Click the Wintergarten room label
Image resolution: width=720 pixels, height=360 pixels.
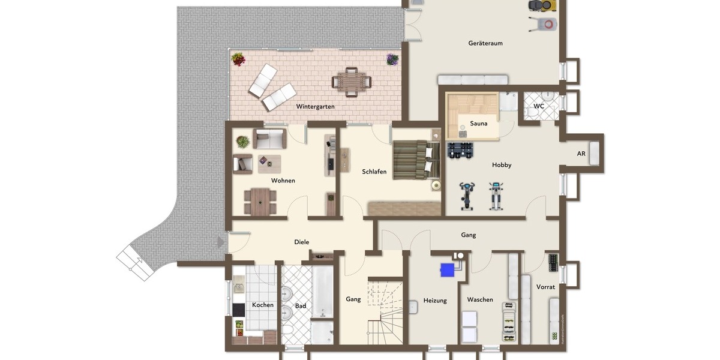315,106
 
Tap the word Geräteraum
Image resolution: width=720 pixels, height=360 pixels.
485,43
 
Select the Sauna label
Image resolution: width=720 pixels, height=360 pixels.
479,124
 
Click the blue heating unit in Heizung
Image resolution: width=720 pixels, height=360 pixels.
447,270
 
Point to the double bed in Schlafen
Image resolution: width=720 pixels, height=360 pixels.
416,160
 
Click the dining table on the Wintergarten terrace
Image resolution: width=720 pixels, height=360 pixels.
351,82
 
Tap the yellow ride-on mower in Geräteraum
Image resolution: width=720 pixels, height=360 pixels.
542,5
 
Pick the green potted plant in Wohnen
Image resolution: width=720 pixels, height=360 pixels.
243,142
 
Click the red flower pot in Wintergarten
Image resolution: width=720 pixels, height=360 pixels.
238,59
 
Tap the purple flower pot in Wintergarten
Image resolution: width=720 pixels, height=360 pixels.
392,59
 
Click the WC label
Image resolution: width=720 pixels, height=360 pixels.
539,106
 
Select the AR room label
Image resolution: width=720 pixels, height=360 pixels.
581,154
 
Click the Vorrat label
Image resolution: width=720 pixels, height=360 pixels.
545,287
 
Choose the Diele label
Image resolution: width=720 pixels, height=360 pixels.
301,242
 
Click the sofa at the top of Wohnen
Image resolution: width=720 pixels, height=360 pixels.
269,139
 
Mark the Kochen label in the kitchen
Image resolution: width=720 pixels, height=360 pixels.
262,305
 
